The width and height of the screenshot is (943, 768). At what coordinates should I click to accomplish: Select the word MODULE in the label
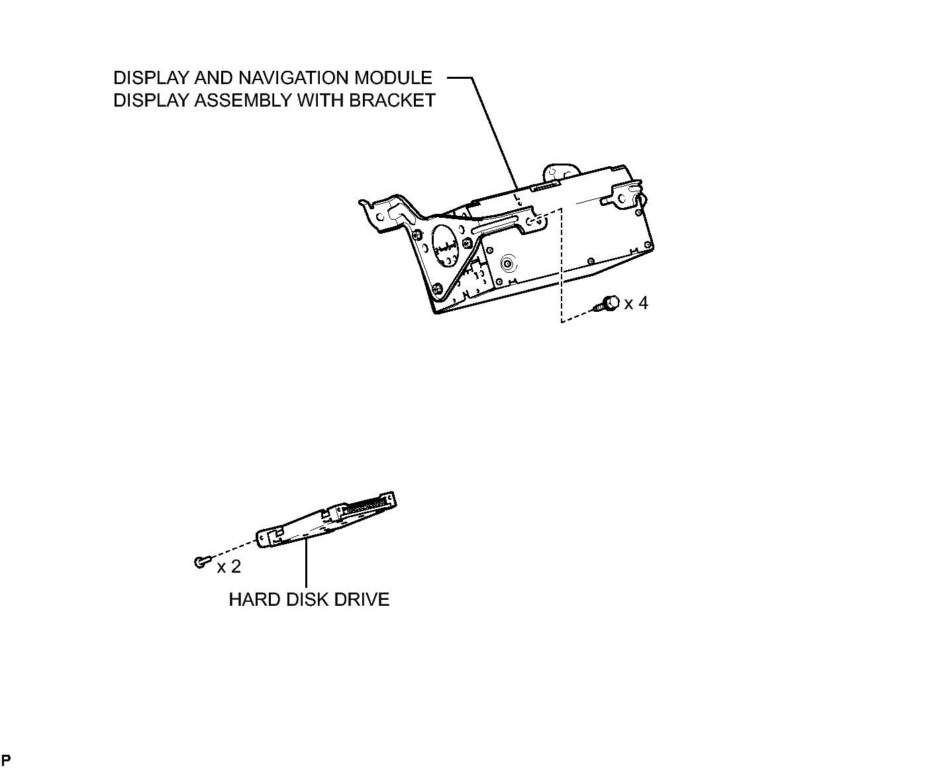coord(393,78)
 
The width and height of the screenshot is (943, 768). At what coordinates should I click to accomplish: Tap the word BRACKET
coord(392,101)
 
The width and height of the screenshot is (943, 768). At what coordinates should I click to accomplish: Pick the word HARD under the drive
coord(254,600)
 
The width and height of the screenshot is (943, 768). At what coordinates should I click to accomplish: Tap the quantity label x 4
coord(636,304)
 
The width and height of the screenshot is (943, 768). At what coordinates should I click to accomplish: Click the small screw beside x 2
coord(201,562)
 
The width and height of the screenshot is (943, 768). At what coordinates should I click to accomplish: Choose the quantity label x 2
coord(229,567)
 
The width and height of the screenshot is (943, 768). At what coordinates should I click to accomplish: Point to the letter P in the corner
coord(6,759)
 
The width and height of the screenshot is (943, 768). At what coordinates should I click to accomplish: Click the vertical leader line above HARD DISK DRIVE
coord(306,563)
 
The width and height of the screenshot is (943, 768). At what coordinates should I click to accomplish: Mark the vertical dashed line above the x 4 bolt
coord(562,265)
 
